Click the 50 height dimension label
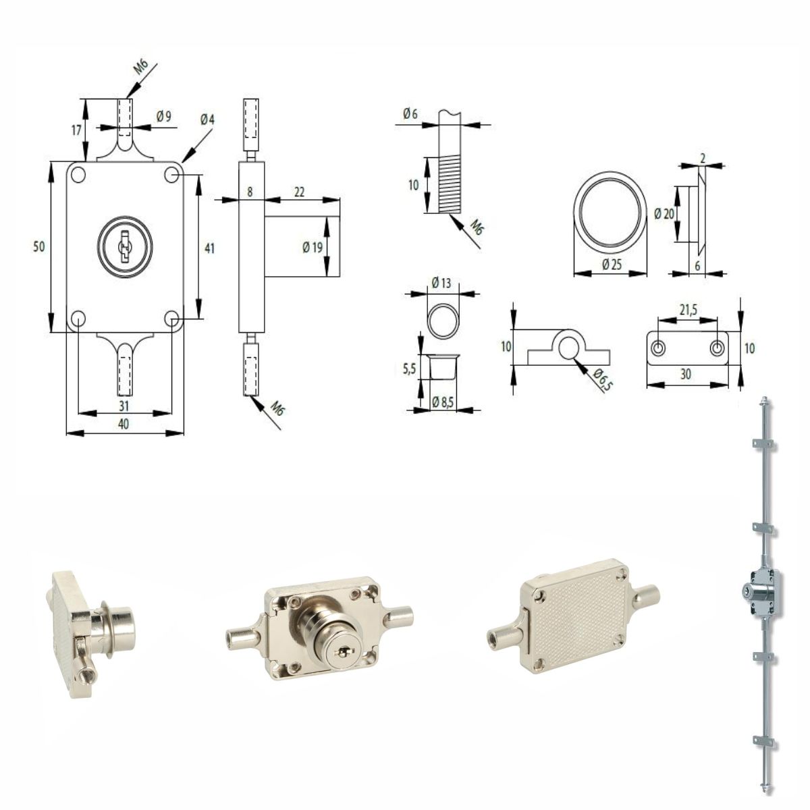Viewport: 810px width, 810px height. coord(38,247)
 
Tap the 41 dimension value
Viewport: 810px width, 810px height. coord(209,248)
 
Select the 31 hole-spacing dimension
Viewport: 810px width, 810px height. coord(124,406)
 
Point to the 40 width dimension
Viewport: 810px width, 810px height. coord(124,424)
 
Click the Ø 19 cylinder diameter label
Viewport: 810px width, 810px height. coord(313,247)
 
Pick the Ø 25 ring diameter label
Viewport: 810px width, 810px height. coord(611,265)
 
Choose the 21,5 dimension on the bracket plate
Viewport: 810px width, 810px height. coord(688,309)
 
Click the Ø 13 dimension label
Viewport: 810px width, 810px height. coord(441,282)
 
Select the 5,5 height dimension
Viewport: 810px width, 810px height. coord(409,369)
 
